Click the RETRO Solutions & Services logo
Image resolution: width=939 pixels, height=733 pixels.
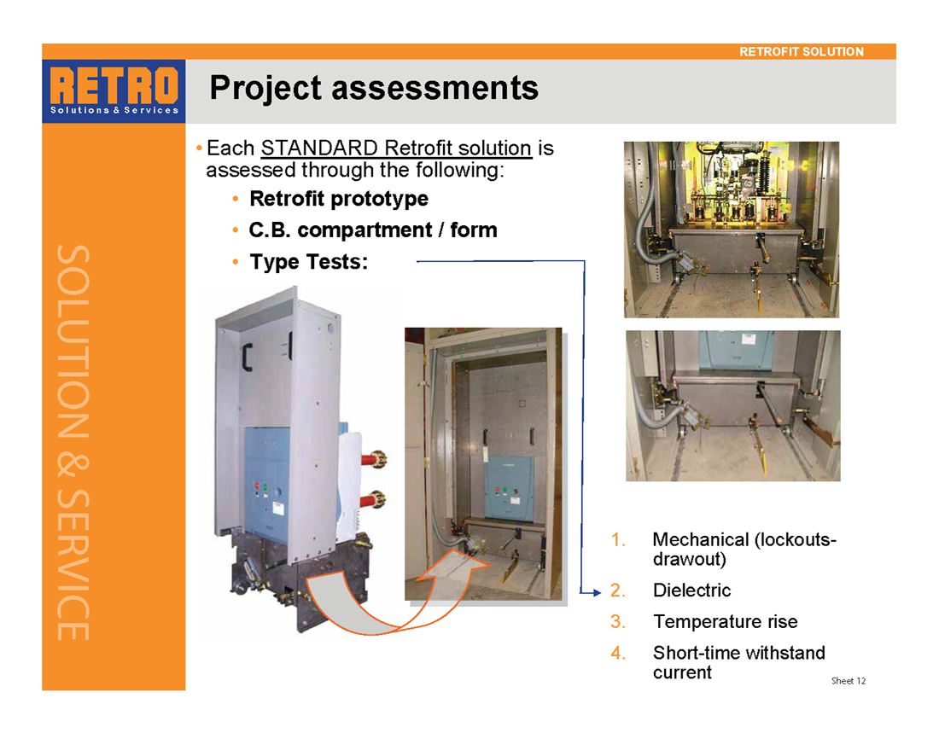[x=114, y=91]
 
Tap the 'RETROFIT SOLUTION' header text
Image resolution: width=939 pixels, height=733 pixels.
[x=802, y=51]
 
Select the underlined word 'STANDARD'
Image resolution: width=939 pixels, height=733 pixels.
[x=319, y=148]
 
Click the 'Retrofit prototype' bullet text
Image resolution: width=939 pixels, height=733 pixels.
[x=339, y=199]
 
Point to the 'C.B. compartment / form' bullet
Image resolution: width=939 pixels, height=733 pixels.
[x=373, y=230]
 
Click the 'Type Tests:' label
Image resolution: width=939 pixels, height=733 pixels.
[x=309, y=262]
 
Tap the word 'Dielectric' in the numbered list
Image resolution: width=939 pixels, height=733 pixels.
[x=691, y=590]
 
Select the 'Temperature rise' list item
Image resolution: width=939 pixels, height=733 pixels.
[x=726, y=621]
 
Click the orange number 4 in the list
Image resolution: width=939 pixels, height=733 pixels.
[x=618, y=653]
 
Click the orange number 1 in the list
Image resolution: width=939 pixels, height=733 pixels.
[x=618, y=539]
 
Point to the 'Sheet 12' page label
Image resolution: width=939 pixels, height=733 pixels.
[x=848, y=681]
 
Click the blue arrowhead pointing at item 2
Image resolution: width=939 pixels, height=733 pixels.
[x=596, y=592]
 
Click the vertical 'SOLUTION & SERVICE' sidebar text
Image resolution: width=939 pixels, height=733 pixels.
[x=73, y=443]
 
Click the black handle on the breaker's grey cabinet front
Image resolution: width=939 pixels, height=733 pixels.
[x=247, y=358]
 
